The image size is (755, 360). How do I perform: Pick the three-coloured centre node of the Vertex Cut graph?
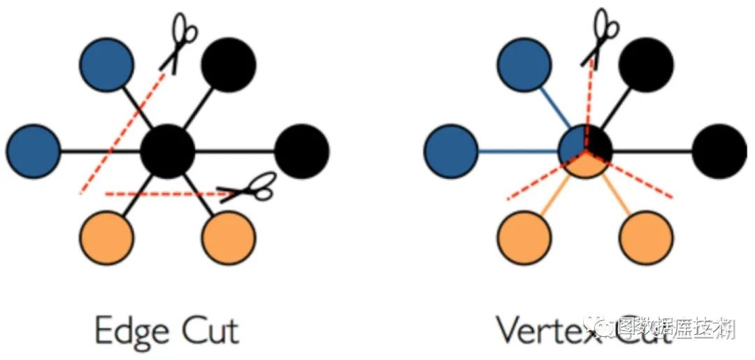pyautogui.click(x=586, y=150)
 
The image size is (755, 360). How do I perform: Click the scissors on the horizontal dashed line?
pyautogui.click(x=248, y=187)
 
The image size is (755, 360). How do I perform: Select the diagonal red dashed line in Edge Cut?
pyautogui.click(x=123, y=133)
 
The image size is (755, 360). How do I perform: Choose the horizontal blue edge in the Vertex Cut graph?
pyautogui.click(x=517, y=150)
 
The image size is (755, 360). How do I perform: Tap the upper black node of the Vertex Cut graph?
pyautogui.click(x=645, y=62)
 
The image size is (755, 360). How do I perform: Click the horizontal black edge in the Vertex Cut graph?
pyautogui.click(x=654, y=150)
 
